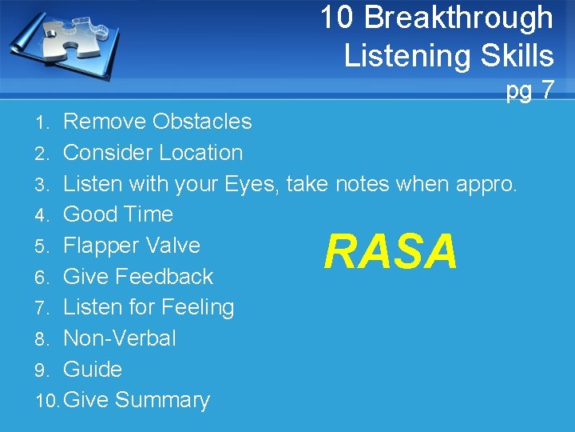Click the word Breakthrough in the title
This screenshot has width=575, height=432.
464,17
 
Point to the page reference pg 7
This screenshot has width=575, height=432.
529,90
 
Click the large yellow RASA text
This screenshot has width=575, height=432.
391,252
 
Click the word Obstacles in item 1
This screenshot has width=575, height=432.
202,122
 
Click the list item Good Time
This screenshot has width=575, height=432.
117,214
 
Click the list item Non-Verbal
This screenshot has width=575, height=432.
119,338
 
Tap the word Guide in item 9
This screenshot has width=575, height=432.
93,369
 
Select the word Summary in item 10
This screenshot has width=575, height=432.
163,399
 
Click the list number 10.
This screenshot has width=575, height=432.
47,400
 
